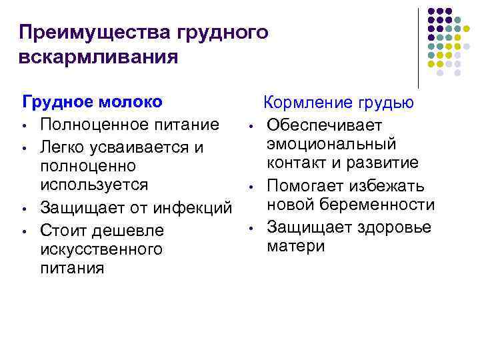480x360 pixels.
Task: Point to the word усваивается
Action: [x=136, y=147]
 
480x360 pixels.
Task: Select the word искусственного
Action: [x=101, y=249]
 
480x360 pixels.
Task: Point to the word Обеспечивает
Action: [x=324, y=125]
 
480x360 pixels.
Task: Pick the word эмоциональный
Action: [x=331, y=144]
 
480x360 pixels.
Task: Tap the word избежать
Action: [x=389, y=185]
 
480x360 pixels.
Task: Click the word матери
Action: [x=296, y=246]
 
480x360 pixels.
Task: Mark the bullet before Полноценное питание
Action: [x=23, y=126]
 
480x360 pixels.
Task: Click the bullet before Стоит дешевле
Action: [x=23, y=231]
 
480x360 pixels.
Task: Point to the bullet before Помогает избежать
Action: [x=248, y=186]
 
